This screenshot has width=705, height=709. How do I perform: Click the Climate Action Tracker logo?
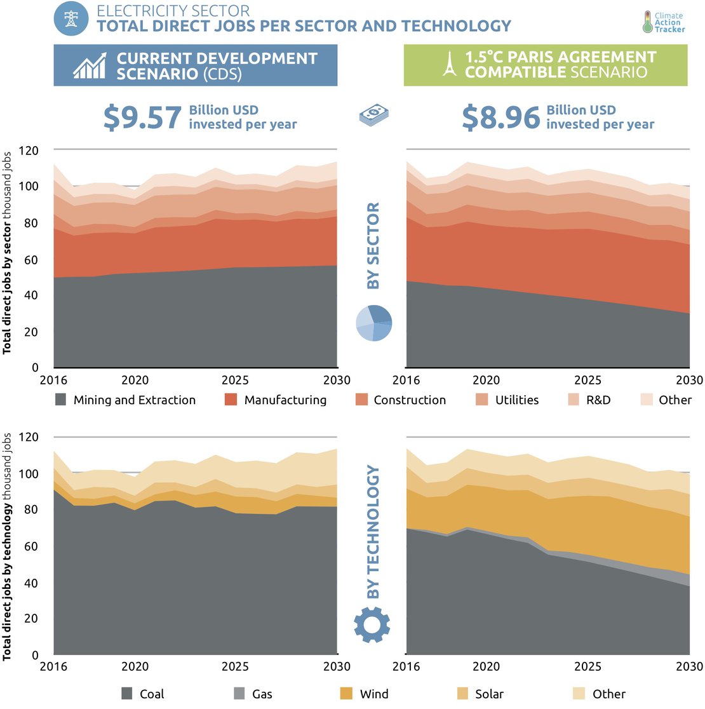click(x=663, y=22)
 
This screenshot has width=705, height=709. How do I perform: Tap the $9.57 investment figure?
click(x=142, y=118)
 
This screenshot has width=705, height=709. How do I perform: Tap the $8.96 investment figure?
click(x=500, y=118)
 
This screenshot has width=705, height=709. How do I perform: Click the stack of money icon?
click(x=373, y=115)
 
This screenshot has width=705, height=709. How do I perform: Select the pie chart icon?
click(x=373, y=323)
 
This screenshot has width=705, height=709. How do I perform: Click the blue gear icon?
click(x=372, y=625)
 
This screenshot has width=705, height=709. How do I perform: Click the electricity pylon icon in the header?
click(x=71, y=18)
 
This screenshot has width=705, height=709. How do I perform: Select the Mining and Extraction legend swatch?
click(x=61, y=400)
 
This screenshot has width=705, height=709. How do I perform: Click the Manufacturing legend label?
click(x=285, y=400)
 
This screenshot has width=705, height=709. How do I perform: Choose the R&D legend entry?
click(x=591, y=400)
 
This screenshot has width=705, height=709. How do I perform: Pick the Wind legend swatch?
click(x=346, y=694)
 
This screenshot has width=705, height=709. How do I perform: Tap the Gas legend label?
click(x=262, y=694)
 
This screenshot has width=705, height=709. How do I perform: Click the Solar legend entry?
click(x=481, y=694)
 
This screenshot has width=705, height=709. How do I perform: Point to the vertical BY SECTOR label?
click(x=373, y=246)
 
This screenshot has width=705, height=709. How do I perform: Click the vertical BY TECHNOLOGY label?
click(x=373, y=532)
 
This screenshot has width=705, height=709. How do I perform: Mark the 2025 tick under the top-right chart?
click(x=587, y=381)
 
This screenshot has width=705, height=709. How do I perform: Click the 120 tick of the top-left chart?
click(x=29, y=151)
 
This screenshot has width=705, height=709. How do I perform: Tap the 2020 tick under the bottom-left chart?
click(x=135, y=666)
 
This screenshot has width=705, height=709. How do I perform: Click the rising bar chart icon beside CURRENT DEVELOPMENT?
click(x=90, y=65)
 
